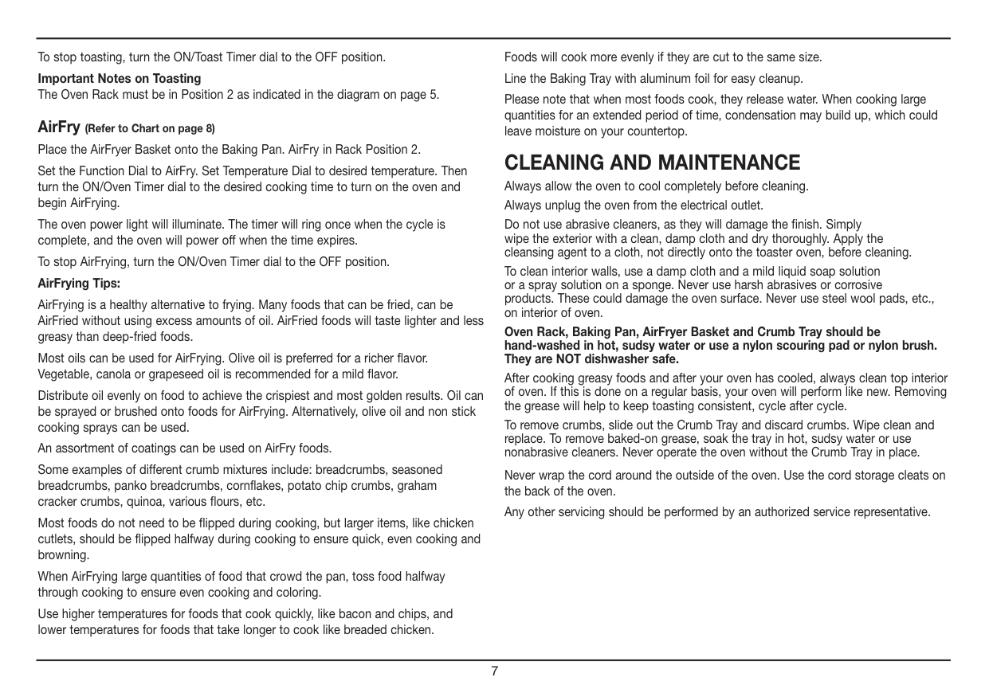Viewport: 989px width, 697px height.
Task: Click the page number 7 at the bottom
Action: (x=494, y=672)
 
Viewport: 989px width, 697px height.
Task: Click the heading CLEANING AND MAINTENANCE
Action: (x=652, y=163)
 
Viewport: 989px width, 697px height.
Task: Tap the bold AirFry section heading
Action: (x=59, y=127)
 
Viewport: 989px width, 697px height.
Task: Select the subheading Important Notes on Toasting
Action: (x=120, y=78)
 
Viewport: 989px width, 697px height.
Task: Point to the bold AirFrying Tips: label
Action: (x=79, y=283)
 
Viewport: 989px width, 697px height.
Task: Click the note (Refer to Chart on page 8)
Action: (x=150, y=128)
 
